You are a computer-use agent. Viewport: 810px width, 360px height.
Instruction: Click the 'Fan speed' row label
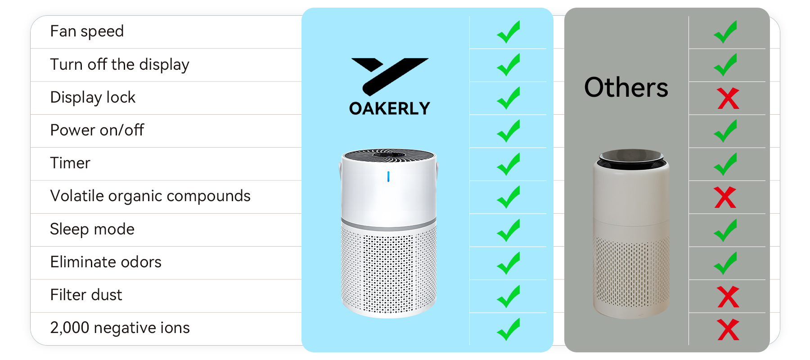[x=87, y=31]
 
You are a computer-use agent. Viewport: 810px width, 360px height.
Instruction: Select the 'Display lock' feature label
[x=93, y=98]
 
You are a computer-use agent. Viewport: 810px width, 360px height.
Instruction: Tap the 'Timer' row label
[x=70, y=163]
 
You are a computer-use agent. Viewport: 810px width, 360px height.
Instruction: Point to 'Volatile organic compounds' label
[x=150, y=196]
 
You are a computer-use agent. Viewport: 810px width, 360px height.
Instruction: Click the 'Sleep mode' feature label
[x=92, y=229]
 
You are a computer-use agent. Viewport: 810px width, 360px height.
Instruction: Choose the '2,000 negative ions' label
[x=120, y=328]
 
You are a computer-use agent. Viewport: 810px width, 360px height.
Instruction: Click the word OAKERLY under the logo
[x=390, y=108]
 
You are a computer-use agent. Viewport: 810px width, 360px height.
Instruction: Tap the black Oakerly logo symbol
[x=390, y=76]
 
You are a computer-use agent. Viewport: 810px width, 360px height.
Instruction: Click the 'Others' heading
[x=626, y=87]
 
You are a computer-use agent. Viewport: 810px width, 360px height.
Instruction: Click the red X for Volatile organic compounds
[x=725, y=198]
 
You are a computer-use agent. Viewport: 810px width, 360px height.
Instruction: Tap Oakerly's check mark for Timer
[x=508, y=164]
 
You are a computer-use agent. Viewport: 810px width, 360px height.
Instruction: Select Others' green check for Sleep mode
[x=725, y=230]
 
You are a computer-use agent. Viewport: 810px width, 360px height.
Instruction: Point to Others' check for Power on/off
[x=725, y=131]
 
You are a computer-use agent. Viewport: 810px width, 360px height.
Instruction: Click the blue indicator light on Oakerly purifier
[x=388, y=177]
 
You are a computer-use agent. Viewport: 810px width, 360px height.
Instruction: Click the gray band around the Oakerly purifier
[x=389, y=225]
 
